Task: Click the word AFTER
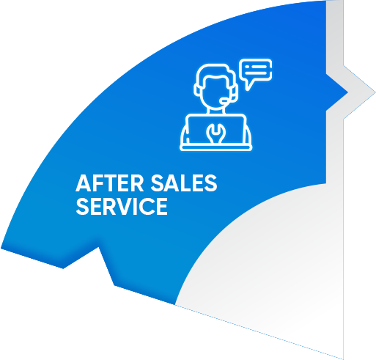(110, 183)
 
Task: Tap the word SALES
(184, 183)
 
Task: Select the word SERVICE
(122, 207)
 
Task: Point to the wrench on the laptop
(215, 133)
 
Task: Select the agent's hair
(215, 72)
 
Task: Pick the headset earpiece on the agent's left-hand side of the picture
(196, 89)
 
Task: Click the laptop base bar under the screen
(216, 147)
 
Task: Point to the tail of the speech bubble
(248, 86)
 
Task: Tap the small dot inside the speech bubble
(246, 67)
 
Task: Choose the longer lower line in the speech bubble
(255, 73)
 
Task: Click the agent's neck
(216, 111)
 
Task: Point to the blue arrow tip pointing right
(347, 92)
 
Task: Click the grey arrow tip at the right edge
(375, 92)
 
